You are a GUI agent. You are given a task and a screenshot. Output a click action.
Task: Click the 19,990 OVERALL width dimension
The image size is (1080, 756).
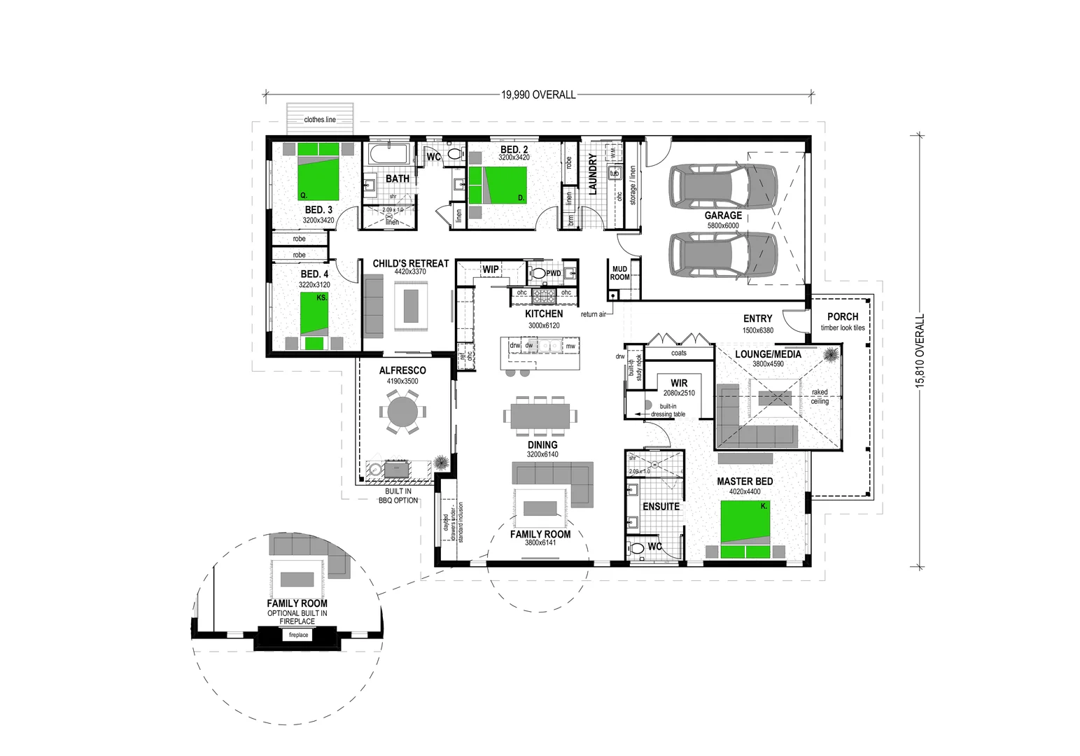538,94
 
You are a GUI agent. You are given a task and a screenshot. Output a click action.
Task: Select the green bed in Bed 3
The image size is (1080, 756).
318,171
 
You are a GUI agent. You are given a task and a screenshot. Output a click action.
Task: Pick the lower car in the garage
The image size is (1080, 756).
723,254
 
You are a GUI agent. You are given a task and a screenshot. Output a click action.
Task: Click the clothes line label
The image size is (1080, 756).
320,120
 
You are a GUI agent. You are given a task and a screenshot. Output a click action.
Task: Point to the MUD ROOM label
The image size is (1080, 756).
619,273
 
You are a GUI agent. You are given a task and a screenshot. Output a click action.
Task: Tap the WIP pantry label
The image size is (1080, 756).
491,269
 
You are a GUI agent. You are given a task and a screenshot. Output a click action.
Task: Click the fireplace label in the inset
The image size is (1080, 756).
298,635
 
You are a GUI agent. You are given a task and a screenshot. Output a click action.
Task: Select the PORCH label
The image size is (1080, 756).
842,317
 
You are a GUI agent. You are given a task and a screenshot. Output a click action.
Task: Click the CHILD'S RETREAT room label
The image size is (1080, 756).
410,264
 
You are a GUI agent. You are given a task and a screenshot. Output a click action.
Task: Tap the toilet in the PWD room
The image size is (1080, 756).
538,273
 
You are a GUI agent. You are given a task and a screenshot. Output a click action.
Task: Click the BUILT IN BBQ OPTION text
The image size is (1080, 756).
398,496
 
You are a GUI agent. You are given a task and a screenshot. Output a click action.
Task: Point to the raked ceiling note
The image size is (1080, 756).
820,397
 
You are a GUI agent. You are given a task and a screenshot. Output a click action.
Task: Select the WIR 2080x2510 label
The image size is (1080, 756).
679,387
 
